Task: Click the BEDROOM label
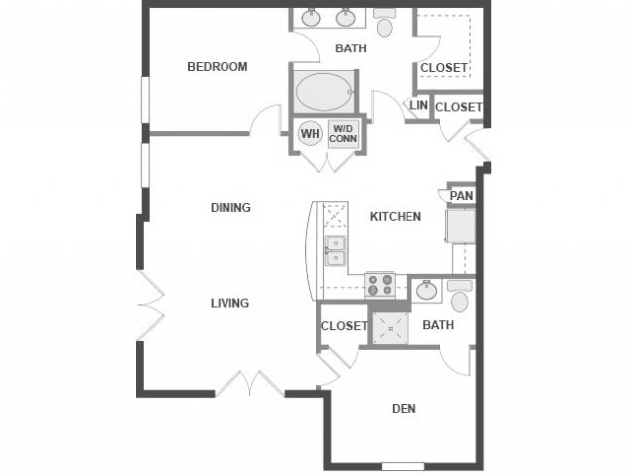click(218, 67)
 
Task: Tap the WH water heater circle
click(311, 133)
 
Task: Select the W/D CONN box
click(343, 133)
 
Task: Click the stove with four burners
click(379, 286)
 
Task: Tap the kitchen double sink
click(335, 251)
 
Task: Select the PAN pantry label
click(461, 196)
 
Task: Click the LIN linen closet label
click(418, 105)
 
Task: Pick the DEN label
click(403, 406)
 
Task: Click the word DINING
click(230, 208)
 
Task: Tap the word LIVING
click(229, 303)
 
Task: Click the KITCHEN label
click(396, 216)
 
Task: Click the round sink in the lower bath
click(427, 290)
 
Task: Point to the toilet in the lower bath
click(459, 295)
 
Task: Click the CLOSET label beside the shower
click(344, 325)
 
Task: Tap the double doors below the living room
click(244, 384)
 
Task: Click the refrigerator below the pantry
click(461, 227)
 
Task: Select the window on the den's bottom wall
click(403, 466)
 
